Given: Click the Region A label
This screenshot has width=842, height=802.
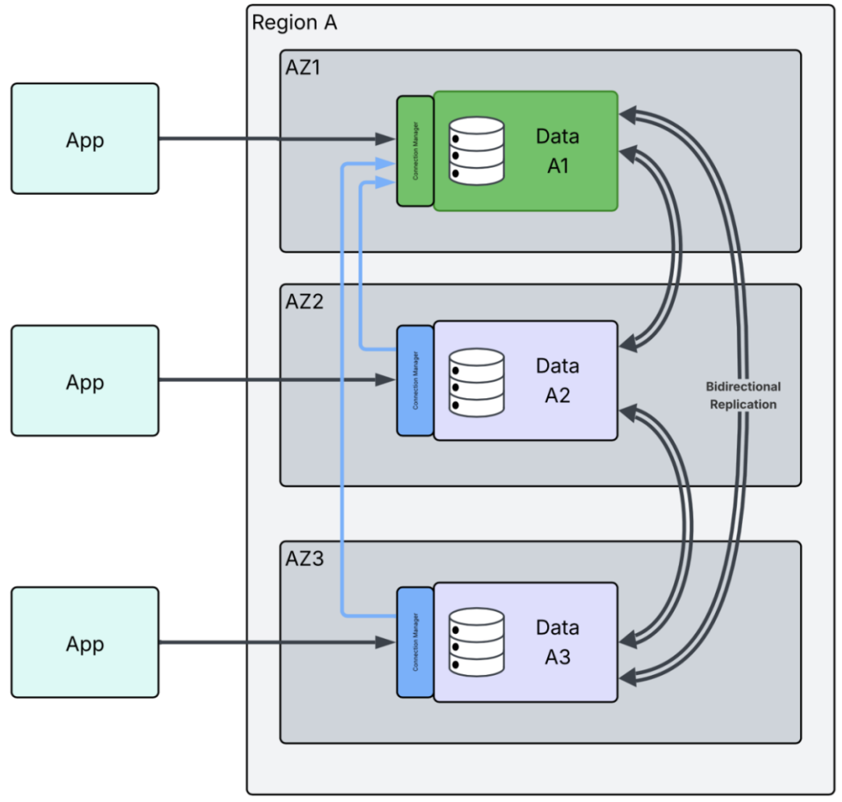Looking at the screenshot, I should pos(294,23).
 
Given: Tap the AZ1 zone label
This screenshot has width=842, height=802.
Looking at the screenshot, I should pos(304,68).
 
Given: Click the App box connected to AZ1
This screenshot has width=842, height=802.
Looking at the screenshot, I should pos(85,139).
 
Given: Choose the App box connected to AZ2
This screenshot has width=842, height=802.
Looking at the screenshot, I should pos(85,380).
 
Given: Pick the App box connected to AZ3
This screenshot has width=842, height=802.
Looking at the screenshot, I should pos(85,642).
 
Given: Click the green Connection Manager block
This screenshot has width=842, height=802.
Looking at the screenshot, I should pos(415,150).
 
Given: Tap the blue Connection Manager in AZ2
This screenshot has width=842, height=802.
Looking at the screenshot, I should pos(415,380).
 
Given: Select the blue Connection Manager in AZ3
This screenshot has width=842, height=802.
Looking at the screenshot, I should pos(415,641).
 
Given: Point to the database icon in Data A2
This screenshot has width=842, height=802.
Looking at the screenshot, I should pos(476,382).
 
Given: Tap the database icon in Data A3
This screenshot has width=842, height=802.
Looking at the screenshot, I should pos(476,642).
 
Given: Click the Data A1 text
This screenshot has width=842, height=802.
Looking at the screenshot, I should pos(557,150).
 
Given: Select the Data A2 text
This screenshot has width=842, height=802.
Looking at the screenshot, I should pos(557,380).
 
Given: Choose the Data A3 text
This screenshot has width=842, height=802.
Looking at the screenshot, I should pos(557,642).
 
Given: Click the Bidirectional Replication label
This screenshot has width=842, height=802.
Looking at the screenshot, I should pos(743,395).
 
